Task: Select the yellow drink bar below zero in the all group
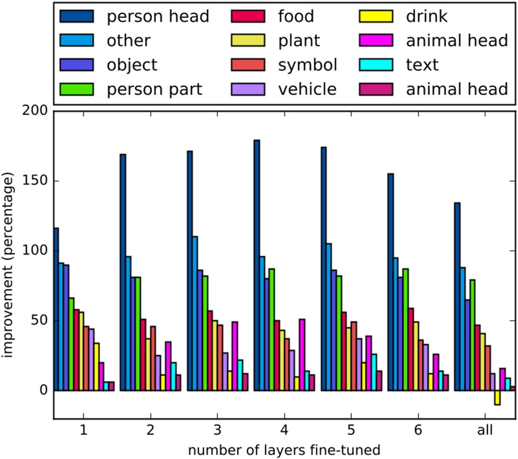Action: point(497,398)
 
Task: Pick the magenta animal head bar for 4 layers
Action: point(301,355)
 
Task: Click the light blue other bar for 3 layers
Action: point(195,314)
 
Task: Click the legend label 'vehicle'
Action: point(308,89)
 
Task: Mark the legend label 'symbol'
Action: point(307,65)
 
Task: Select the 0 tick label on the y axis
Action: point(44,390)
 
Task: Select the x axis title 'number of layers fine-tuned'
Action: point(285,448)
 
